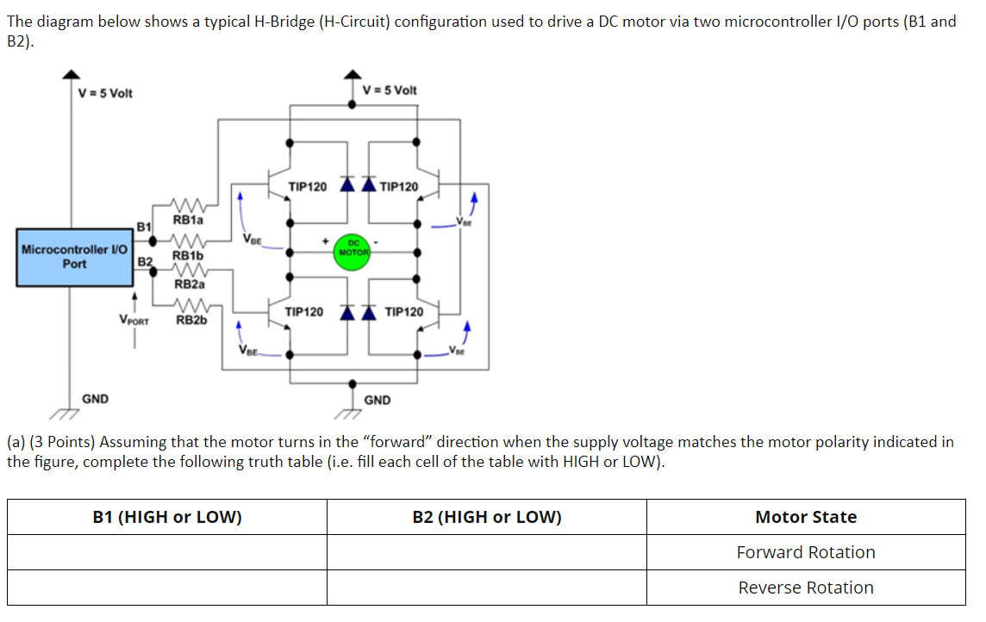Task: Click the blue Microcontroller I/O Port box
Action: point(75,257)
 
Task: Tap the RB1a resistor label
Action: point(189,220)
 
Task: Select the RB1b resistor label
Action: point(188,255)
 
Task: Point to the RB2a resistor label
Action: point(190,283)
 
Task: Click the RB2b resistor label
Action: point(191,320)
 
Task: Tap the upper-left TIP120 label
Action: point(307,186)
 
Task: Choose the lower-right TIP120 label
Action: point(404,312)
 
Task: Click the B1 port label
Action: point(144,227)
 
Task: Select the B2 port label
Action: point(145,261)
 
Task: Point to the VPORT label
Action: point(134,320)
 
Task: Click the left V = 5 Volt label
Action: point(105,93)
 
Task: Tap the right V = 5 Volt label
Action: point(390,90)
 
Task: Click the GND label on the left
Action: point(95,399)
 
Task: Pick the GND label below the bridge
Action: point(378,400)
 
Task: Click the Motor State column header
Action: point(805,517)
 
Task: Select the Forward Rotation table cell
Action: point(805,552)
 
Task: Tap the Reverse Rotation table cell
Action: point(805,588)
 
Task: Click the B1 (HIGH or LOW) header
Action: point(167,517)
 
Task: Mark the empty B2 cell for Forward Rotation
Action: point(486,552)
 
